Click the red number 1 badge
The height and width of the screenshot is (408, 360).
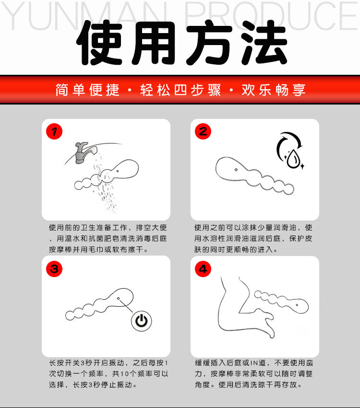click(54, 131)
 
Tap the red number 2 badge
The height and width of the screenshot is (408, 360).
click(203, 131)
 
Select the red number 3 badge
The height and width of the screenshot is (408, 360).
click(54, 269)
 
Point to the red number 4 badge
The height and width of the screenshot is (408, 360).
click(203, 269)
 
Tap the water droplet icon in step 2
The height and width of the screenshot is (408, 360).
click(294, 158)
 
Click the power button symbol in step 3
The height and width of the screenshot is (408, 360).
click(142, 321)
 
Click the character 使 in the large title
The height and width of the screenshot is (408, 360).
click(100, 43)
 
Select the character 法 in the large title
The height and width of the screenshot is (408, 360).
click(263, 43)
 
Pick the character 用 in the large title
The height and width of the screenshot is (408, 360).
click(154, 43)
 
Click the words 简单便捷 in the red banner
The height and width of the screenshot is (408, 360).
click(87, 90)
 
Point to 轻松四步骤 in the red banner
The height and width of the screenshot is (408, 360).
click(180, 90)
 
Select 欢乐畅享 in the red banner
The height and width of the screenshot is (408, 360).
click(274, 90)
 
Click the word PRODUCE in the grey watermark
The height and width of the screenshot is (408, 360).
click(271, 16)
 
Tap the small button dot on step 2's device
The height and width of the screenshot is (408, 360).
click(236, 170)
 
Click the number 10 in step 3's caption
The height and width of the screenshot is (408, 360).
click(125, 374)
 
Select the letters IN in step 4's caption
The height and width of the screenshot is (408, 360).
click(254, 363)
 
